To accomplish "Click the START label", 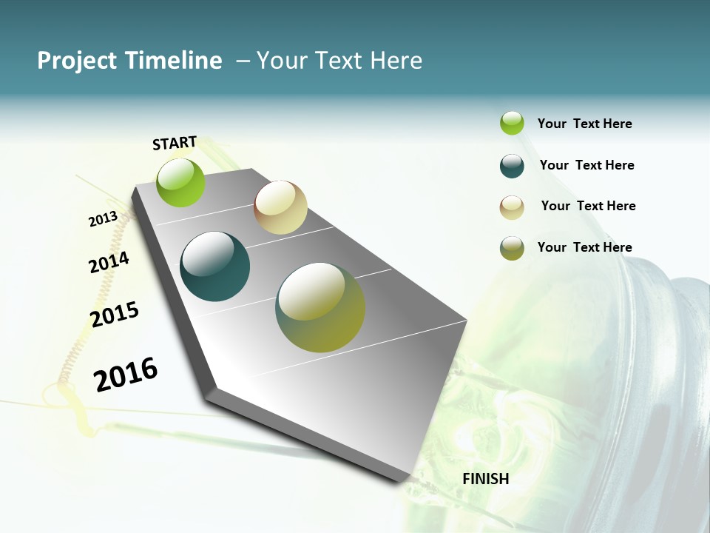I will coord(175,143).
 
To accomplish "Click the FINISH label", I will coord(486,479).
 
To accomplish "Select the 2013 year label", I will coord(103,219).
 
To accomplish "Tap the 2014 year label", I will coord(109,262).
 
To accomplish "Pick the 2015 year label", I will coord(115,314).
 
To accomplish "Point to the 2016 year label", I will coord(126,374).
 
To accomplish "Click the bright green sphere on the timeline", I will coord(181,182).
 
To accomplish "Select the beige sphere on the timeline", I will coord(280,207).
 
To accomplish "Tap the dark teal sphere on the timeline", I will coord(215,266).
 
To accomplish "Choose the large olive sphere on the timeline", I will coord(320,307).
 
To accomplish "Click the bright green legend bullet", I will coord(512,123).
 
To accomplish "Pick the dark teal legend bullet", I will coord(512,166).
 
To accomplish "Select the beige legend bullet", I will coord(512,207).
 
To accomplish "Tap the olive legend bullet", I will coord(512,248).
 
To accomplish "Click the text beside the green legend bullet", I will coord(584,124).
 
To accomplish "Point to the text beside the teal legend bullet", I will coord(586,165).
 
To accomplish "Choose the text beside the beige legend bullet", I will coord(588,206).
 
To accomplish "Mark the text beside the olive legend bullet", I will coord(584,247).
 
